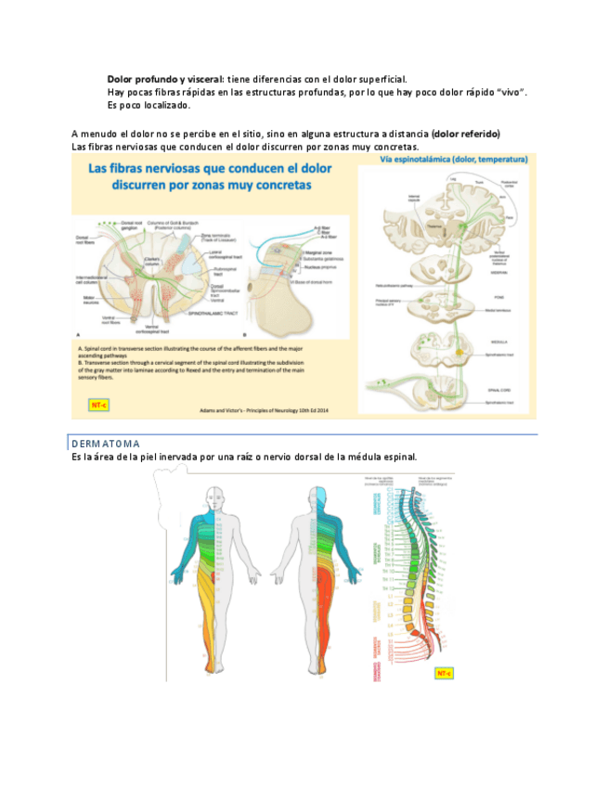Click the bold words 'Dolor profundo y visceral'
(x=163, y=79)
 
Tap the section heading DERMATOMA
(x=106, y=444)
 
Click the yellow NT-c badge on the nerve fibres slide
(x=97, y=406)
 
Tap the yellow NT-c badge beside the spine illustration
(x=443, y=672)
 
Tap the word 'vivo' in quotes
(x=509, y=92)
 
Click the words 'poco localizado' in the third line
(x=155, y=105)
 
